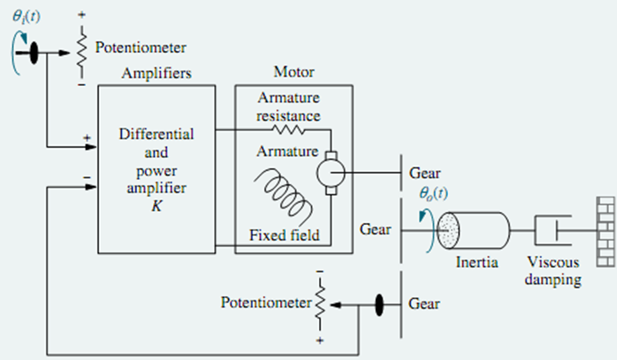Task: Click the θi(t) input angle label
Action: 26,13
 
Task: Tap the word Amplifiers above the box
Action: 156,73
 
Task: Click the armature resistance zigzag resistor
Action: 289,129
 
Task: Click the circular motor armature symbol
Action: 330,173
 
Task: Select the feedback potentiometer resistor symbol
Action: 320,305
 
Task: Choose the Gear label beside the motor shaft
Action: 425,173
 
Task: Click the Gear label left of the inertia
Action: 375,229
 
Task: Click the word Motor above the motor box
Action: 294,72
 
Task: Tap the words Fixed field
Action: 285,236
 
